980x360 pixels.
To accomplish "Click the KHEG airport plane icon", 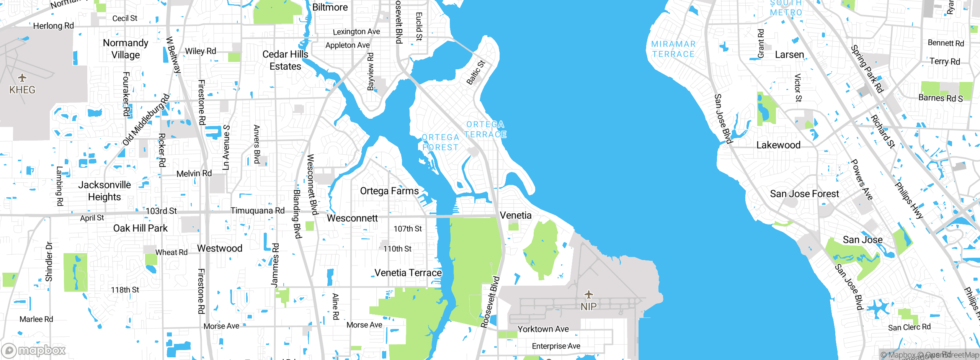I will (22, 78).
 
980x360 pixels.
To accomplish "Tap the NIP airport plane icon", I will (588, 295).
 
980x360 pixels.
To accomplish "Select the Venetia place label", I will (516, 215).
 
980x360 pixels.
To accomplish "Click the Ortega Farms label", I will (389, 191).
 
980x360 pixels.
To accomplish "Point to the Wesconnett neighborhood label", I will (352, 218).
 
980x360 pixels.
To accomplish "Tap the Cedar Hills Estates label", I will (285, 60).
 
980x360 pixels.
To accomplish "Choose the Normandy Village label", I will (126, 49).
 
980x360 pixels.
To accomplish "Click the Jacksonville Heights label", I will (105, 191).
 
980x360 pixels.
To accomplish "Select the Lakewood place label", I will (778, 145).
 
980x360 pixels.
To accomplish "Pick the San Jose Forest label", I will (804, 194).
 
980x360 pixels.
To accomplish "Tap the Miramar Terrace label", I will (673, 49).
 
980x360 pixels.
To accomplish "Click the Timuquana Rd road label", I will (258, 211).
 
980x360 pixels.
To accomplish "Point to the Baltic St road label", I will (475, 72).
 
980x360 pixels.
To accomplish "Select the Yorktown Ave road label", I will (543, 329).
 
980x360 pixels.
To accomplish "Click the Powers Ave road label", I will (861, 180).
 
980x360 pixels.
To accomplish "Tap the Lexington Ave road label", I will (356, 32).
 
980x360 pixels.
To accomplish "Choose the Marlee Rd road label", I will (36, 319).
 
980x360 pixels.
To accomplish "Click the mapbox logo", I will (34, 350).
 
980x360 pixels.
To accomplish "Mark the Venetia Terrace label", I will (408, 273).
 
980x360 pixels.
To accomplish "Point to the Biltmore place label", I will (330, 7).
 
